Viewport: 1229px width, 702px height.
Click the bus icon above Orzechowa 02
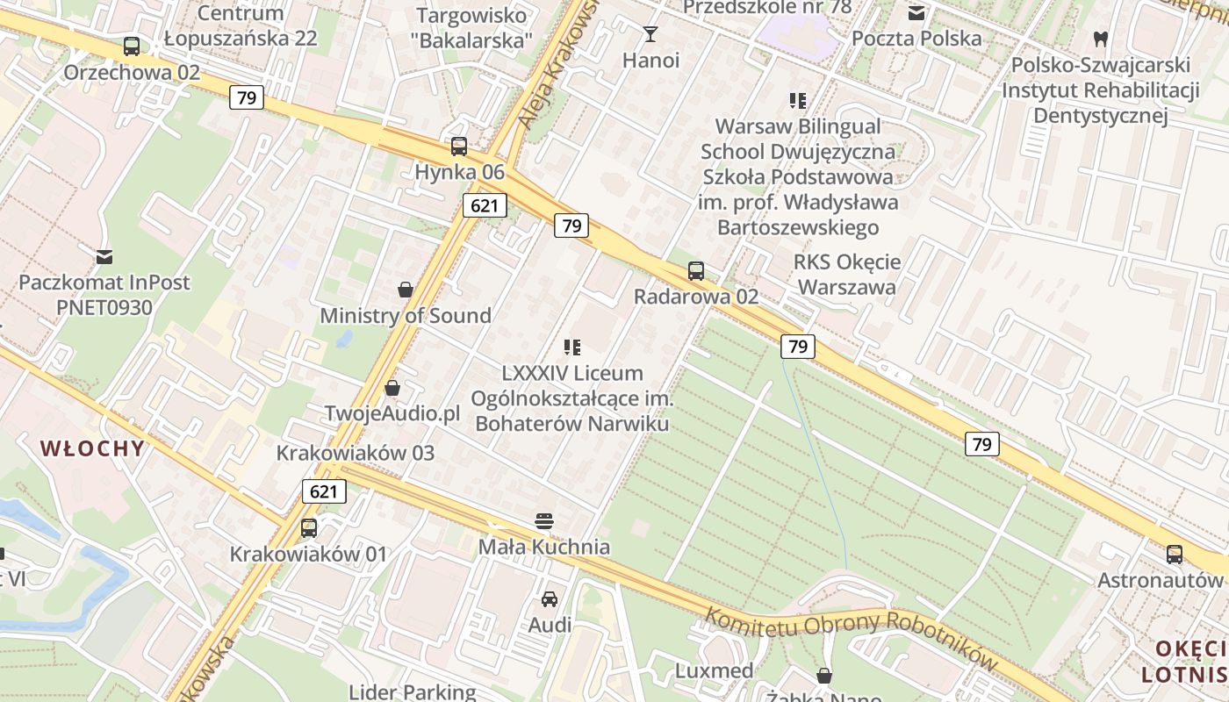pos(132,47)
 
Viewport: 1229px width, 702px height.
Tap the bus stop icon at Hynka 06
pos(459,147)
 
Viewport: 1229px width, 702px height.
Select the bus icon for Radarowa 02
pos(696,270)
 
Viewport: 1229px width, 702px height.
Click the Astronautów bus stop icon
pos(1175,555)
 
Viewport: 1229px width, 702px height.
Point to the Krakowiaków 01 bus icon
pos(309,528)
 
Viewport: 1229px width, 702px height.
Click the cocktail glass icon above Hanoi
pos(650,34)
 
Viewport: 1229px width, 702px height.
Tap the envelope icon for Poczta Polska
pos(916,13)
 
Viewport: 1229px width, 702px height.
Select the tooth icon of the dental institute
pos(1100,39)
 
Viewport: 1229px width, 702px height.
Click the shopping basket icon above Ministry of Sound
pos(406,290)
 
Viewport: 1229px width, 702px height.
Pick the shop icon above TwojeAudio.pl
pos(392,388)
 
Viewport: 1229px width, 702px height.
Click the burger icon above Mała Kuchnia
pos(544,521)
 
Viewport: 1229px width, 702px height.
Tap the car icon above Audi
pos(550,599)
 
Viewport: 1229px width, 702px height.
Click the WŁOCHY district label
pos(92,448)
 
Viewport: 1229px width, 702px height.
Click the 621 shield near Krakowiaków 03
pos(324,491)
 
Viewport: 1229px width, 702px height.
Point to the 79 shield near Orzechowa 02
pos(247,97)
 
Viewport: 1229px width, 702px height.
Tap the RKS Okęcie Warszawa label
pos(847,275)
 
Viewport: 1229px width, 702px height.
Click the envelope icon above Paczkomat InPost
pos(104,257)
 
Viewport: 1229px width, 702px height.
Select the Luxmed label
pos(714,671)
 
